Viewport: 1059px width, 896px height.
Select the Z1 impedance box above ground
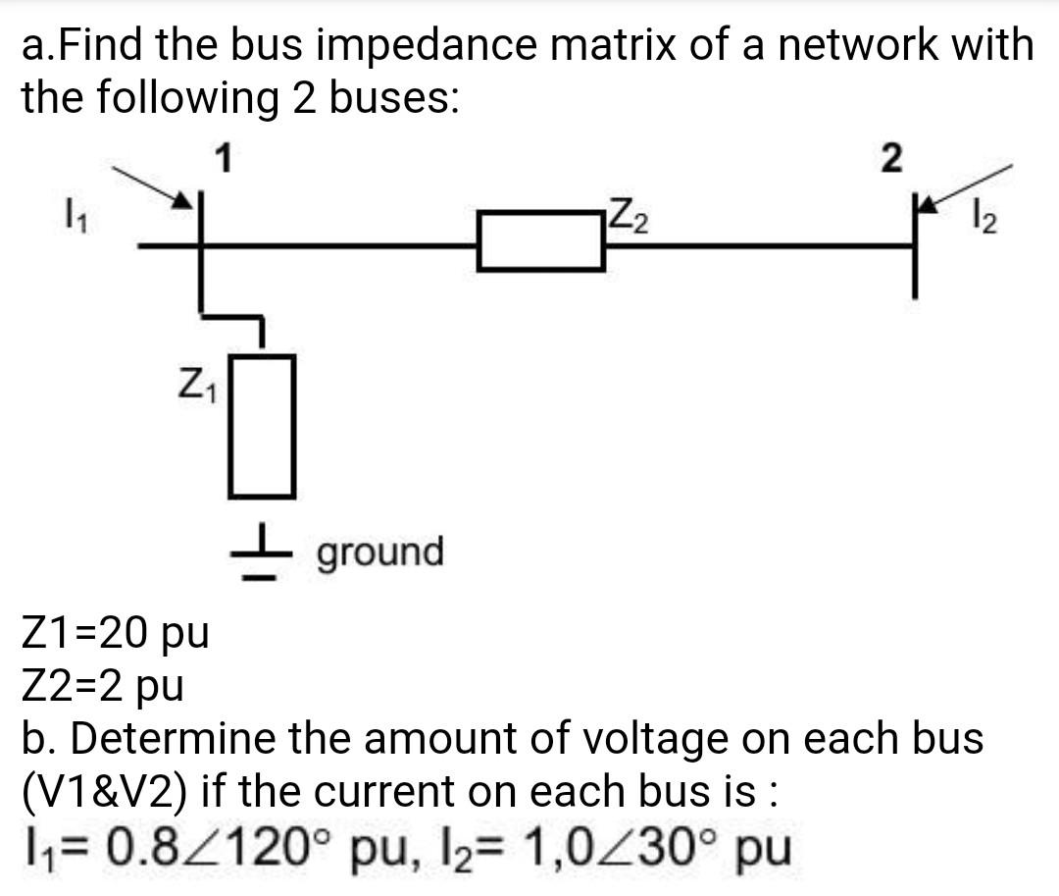pos(262,426)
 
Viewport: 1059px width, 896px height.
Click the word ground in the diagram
pos(379,552)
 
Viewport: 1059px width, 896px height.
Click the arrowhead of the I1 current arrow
pos(183,201)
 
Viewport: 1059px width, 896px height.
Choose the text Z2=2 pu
pos(103,685)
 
